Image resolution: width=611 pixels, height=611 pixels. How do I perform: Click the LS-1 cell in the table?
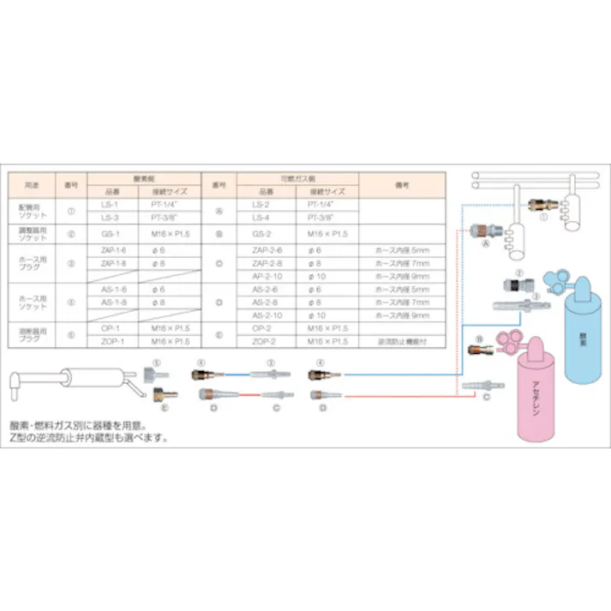[111, 207]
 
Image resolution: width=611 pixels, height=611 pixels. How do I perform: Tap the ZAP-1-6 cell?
[113, 249]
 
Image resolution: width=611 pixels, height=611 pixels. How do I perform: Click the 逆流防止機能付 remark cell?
[401, 342]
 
